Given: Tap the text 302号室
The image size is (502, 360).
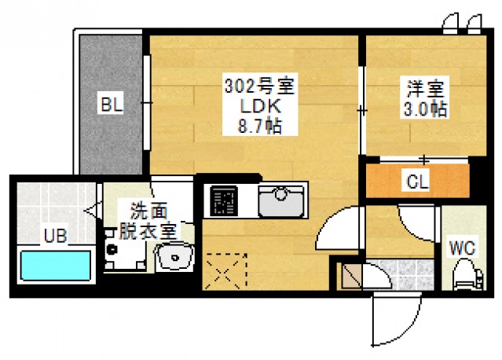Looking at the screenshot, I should [253, 84].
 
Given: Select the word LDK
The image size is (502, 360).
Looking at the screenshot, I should [253, 104].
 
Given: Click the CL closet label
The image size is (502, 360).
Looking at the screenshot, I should [416, 182].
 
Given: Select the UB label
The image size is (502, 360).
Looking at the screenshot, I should [55, 233].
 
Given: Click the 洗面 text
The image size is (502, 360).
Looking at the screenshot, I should [149, 211].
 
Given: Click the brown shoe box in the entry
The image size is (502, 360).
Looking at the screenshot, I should [350, 275].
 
